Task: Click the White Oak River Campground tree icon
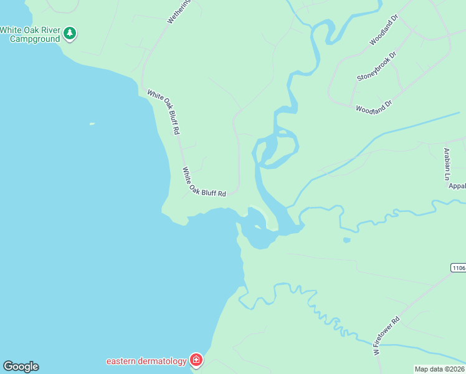tap(70, 33)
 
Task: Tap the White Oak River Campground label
tap(31, 34)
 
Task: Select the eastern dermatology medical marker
tap(196, 360)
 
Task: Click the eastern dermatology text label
tap(146, 361)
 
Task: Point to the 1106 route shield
tap(458, 267)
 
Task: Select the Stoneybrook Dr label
tap(377, 67)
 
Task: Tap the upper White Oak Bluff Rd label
tap(164, 113)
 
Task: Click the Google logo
tap(21, 366)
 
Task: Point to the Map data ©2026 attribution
tap(439, 369)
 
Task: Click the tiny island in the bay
tap(92, 123)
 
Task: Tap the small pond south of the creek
tap(346, 240)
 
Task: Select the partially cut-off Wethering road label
tap(179, 12)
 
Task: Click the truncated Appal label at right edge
tap(457, 186)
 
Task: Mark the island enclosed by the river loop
tap(279, 148)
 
